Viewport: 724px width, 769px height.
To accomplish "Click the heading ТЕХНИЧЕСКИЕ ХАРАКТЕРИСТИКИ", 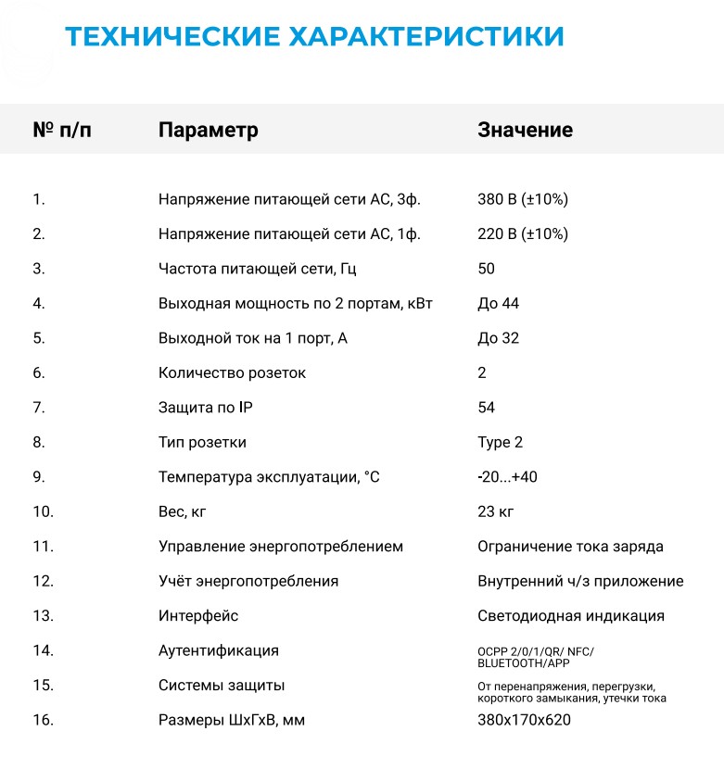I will (314, 37).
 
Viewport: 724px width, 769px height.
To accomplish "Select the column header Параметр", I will (209, 130).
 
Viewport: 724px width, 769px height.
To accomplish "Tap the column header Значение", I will (525, 130).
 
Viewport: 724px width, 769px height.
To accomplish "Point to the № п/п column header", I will (62, 130).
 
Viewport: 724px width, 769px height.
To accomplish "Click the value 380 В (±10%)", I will (523, 199).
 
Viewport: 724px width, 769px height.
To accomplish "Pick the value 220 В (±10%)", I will (523, 234).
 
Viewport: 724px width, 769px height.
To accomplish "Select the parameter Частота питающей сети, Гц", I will (258, 269).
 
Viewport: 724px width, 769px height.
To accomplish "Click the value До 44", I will (499, 304).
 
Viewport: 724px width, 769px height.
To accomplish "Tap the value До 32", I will (499, 338).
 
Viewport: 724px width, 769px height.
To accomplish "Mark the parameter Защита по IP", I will (212, 408).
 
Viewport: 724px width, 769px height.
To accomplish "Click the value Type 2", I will (501, 443).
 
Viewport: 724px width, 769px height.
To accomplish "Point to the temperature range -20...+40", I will (507, 477).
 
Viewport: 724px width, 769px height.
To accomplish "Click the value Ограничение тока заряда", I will (570, 547).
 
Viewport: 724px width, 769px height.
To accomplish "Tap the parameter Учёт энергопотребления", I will (248, 582).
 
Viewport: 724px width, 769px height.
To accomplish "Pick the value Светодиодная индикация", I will (571, 616).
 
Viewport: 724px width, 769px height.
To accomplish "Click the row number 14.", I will (44, 650).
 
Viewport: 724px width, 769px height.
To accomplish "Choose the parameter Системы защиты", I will (222, 686).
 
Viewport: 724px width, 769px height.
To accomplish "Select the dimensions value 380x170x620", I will (525, 720).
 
